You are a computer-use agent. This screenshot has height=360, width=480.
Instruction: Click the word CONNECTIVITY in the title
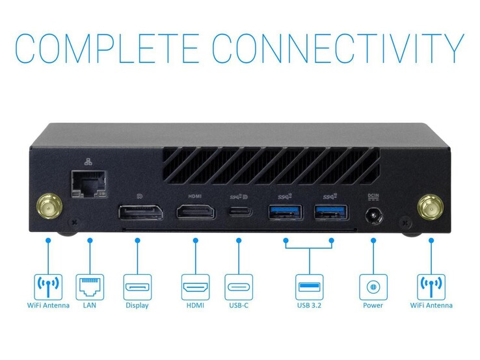(x=338, y=49)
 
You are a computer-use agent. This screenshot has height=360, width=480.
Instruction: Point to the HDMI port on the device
(x=195, y=212)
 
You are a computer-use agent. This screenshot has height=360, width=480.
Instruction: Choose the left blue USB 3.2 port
(x=285, y=212)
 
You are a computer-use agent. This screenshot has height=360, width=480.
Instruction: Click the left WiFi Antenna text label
(x=48, y=305)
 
